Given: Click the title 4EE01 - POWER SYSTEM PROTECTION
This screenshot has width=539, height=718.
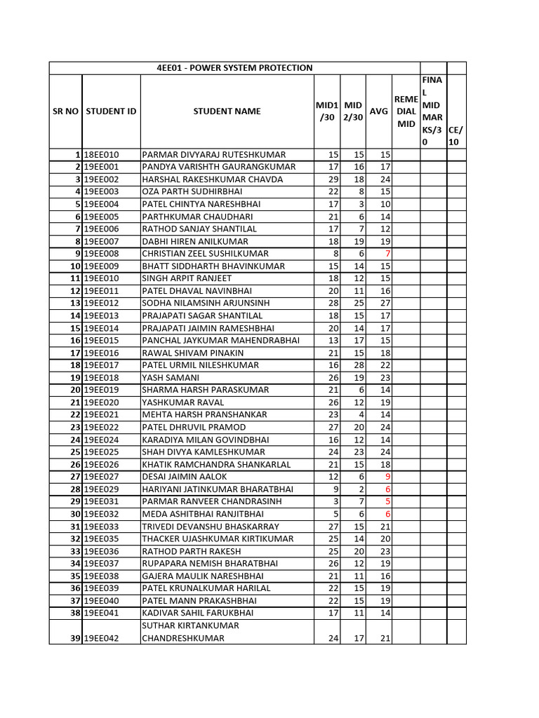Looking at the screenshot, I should coord(234,68).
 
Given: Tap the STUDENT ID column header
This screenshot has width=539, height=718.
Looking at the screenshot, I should coord(111,111).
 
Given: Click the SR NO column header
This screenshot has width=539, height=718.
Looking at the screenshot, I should coord(65,111).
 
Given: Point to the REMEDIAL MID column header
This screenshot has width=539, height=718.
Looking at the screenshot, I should coord(406,111).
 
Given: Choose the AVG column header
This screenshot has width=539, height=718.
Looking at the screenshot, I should coord(378,111).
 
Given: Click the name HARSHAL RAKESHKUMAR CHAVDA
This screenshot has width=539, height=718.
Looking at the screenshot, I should coord(213,179).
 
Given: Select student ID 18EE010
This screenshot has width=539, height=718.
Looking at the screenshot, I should coord(102,154).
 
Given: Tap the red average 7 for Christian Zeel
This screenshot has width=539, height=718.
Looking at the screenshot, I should coord(387,254).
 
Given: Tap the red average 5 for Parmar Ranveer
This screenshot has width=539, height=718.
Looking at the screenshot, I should coord(387,501).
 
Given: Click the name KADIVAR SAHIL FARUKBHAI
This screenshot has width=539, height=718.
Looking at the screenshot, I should coord(198,613).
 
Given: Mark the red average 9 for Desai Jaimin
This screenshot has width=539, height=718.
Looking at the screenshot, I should coord(387,477).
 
